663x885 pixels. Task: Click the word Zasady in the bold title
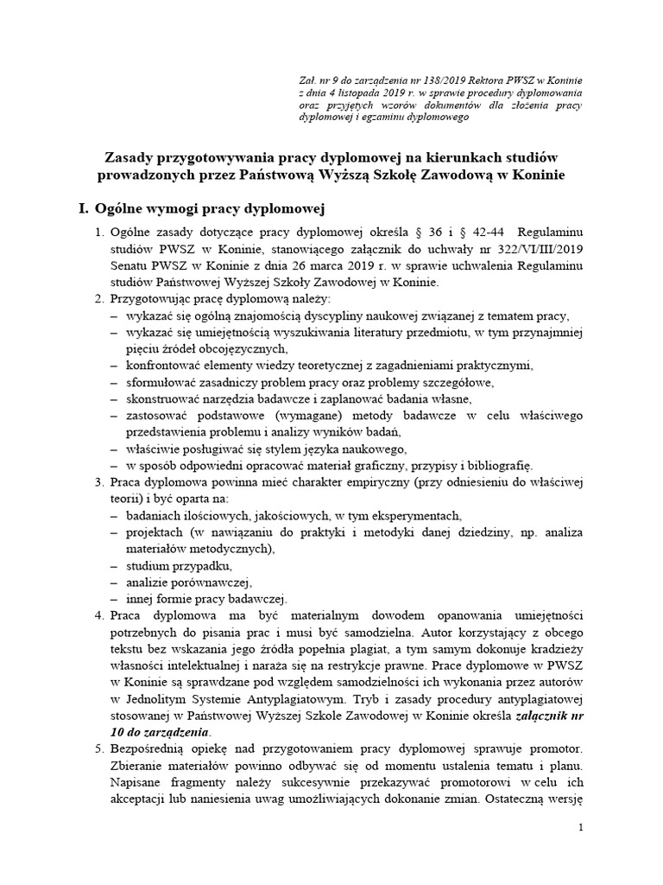(x=132, y=157)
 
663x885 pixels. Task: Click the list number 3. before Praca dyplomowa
(x=99, y=482)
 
